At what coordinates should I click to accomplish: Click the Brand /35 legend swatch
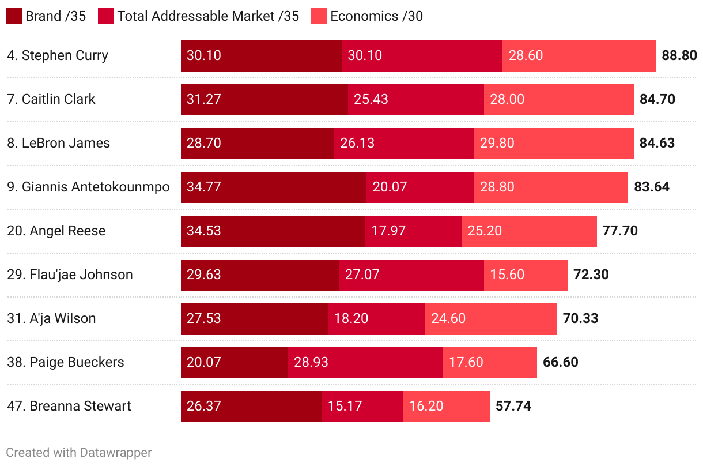[x=14, y=16]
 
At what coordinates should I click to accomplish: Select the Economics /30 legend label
[x=376, y=16]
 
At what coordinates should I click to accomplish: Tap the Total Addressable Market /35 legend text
[x=208, y=16]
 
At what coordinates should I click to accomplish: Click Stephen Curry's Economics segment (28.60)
[x=579, y=56]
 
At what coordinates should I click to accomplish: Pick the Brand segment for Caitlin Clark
[x=264, y=100]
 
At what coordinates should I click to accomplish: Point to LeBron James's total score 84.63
[x=657, y=143]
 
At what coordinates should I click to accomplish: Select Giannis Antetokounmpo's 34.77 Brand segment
[x=273, y=187]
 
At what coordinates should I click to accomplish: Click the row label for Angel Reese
[x=56, y=231]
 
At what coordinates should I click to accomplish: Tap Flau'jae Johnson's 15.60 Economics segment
[x=526, y=275]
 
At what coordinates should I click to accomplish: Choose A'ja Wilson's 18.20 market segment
[x=376, y=319]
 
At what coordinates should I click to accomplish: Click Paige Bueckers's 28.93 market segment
[x=365, y=363]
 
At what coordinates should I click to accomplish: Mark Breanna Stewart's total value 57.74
[x=513, y=406]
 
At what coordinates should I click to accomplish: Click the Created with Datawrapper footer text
[x=79, y=453]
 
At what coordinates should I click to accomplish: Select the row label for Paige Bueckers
[x=66, y=362]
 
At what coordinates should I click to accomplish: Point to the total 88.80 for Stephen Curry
[x=679, y=56]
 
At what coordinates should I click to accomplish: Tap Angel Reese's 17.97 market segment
[x=413, y=231]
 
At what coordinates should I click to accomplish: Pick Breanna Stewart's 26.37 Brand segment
[x=251, y=407]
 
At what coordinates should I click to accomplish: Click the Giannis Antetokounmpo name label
[x=88, y=187]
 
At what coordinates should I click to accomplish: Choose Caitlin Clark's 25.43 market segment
[x=415, y=100]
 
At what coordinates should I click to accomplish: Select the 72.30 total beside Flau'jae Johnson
[x=591, y=275]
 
